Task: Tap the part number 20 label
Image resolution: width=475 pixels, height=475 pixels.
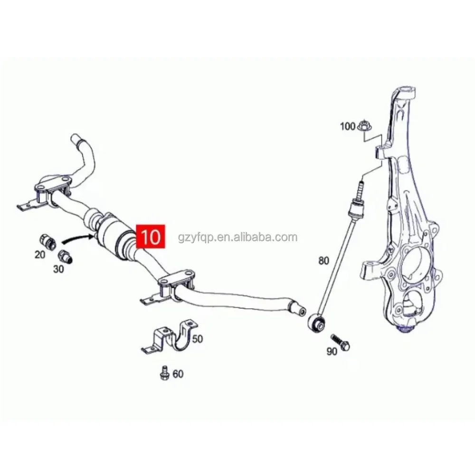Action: click(40, 255)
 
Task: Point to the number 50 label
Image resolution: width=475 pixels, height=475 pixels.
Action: click(197, 339)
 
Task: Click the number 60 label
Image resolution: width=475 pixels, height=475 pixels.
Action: click(177, 374)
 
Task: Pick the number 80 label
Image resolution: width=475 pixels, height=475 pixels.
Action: click(323, 260)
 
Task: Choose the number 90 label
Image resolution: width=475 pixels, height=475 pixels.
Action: click(332, 352)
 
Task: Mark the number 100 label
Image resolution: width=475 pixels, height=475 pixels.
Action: click(347, 126)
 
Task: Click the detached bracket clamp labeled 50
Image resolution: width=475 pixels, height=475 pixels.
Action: click(169, 338)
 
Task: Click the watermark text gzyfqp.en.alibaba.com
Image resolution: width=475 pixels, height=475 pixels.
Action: click(237, 237)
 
